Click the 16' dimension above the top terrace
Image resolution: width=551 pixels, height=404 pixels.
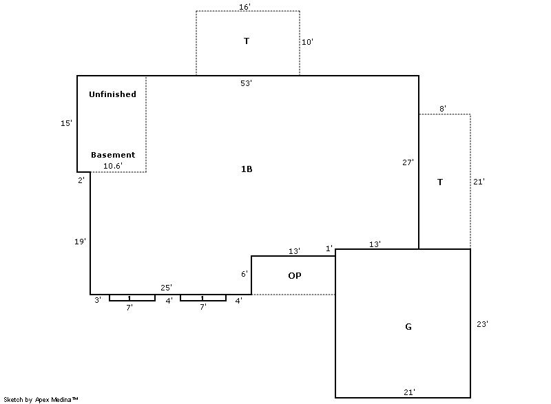click(x=245, y=7)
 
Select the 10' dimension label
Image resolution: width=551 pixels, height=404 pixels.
click(x=307, y=42)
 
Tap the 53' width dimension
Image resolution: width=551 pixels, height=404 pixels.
click(x=246, y=83)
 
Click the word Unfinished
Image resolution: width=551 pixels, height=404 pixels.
click(x=112, y=94)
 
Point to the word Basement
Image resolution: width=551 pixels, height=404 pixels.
click(x=113, y=155)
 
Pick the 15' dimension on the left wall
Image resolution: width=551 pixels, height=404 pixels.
click(x=66, y=123)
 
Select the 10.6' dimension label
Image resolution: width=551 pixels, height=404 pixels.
click(x=113, y=166)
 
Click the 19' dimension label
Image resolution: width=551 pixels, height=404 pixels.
click(x=80, y=242)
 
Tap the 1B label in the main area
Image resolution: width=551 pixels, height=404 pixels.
click(x=247, y=169)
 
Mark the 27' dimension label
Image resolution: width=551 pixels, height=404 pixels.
click(x=408, y=162)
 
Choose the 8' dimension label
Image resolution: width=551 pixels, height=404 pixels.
click(x=443, y=109)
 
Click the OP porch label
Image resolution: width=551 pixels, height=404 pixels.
click(x=295, y=276)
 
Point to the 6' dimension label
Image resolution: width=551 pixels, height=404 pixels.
click(x=245, y=274)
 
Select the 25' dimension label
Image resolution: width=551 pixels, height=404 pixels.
click(x=166, y=288)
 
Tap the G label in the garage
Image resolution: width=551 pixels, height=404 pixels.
click(x=408, y=327)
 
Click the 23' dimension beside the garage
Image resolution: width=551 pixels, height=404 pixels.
click(x=482, y=324)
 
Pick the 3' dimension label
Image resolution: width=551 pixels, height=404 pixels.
click(x=98, y=300)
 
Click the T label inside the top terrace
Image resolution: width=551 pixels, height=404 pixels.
click(x=247, y=41)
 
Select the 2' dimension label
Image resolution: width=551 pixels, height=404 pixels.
click(x=81, y=180)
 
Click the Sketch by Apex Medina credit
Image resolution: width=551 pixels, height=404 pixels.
click(x=41, y=399)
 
